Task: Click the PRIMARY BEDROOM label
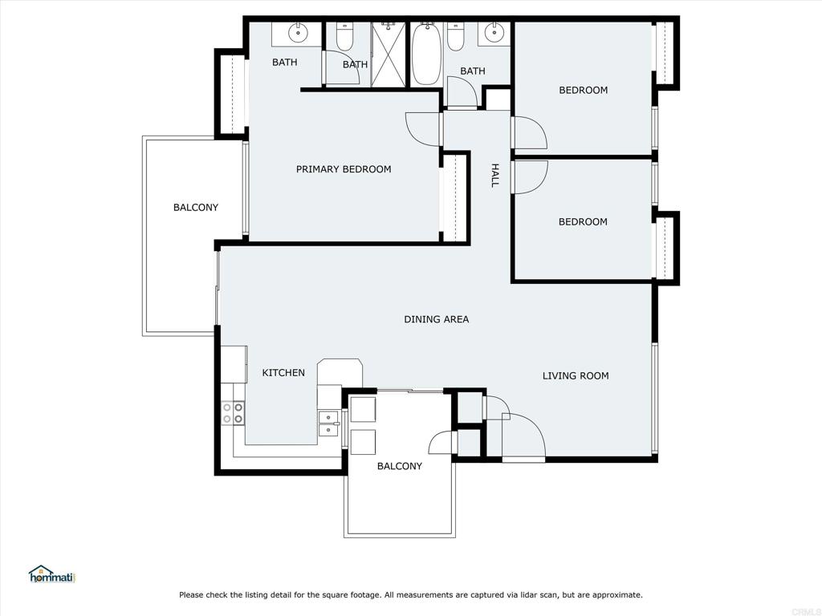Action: click(x=344, y=169)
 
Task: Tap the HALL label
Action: click(x=494, y=175)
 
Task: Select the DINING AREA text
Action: click(x=436, y=319)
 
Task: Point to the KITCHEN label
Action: click(x=283, y=372)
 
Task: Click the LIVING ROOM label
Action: click(x=576, y=375)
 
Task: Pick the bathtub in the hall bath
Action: click(x=425, y=54)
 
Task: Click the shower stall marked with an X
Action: click(x=389, y=55)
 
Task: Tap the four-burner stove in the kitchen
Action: click(x=233, y=412)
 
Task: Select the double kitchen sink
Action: click(x=328, y=423)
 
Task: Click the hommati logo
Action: click(x=52, y=574)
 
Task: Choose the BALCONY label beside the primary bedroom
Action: click(x=196, y=208)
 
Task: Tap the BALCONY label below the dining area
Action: click(x=400, y=466)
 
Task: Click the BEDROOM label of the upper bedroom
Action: click(x=583, y=90)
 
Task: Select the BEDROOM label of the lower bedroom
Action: click(x=583, y=221)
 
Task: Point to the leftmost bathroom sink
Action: click(x=298, y=32)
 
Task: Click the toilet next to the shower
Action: click(x=345, y=36)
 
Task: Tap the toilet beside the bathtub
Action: click(x=456, y=36)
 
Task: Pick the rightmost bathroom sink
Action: click(x=494, y=32)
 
